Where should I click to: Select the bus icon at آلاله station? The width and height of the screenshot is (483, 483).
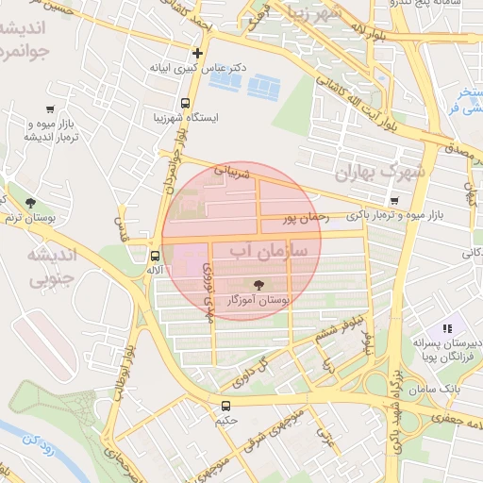coord(155,255)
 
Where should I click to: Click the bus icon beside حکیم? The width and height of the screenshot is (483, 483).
coord(225,408)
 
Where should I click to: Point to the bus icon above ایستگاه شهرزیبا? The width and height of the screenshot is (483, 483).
coord(185,103)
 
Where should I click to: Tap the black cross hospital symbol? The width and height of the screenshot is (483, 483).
coord(196,54)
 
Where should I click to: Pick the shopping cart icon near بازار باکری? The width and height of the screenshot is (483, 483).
coord(393,200)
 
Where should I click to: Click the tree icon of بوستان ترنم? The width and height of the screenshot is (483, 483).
coord(31,202)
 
